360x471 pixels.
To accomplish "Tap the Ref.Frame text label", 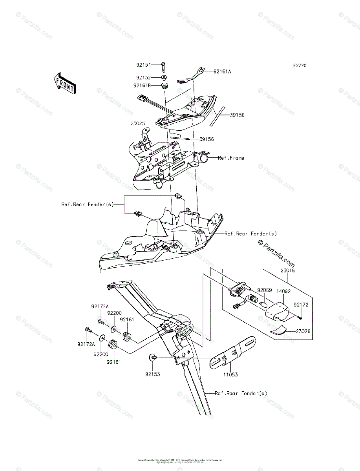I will tap(231, 158).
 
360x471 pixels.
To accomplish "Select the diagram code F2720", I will tap(299, 66).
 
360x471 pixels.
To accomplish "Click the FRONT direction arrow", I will tap(64, 83).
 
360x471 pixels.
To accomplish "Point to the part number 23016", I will tap(288, 271).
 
